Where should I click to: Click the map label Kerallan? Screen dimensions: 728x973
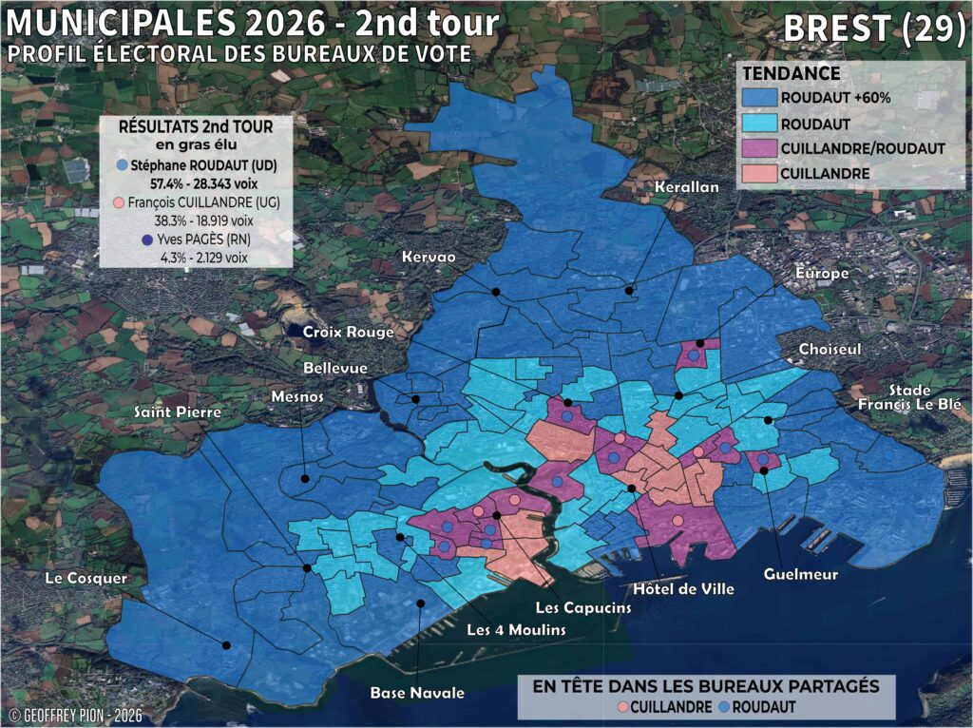[x=687, y=188]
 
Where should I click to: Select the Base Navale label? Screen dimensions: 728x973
[x=417, y=693]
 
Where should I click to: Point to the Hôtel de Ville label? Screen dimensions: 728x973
[x=683, y=588]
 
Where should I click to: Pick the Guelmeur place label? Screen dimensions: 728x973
[x=800, y=573]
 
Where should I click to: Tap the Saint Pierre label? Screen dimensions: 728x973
[x=177, y=412]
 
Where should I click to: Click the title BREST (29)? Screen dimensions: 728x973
[x=873, y=29]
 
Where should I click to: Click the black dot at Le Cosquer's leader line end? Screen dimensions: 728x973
[x=226, y=645]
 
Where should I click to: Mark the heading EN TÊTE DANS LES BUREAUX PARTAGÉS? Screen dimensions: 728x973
[x=706, y=685]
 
